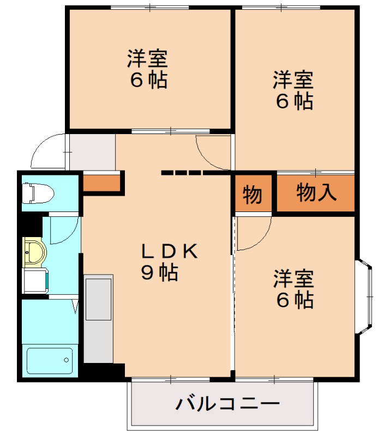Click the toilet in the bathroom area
click(x=37, y=193)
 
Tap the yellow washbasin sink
click(x=34, y=252)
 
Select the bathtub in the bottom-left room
click(x=50, y=360)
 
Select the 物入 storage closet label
click(x=316, y=192)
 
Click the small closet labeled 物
click(x=252, y=194)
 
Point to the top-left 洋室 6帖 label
click(x=148, y=69)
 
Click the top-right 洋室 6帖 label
click(x=293, y=90)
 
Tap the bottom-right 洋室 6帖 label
click(x=293, y=289)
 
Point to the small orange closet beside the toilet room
click(x=101, y=183)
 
